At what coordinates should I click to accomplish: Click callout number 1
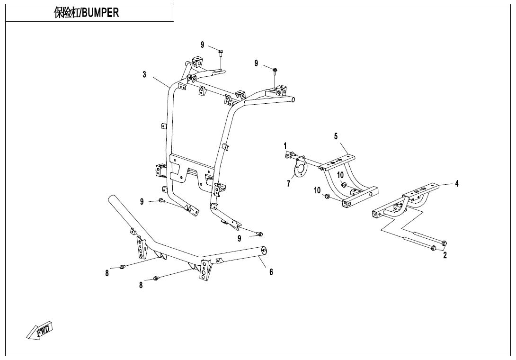click(285, 145)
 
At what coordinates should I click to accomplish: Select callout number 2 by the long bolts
click(445, 255)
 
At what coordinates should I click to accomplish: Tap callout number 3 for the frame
click(144, 74)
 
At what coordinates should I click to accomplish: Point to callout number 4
click(457, 183)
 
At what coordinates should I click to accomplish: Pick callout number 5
click(336, 136)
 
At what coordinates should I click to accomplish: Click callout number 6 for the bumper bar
click(271, 272)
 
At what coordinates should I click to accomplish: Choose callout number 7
click(288, 184)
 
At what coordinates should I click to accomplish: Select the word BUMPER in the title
click(100, 13)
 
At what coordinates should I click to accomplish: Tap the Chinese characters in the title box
click(66, 13)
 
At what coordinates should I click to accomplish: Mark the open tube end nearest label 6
click(263, 251)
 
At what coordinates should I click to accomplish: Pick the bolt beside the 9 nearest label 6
click(259, 234)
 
